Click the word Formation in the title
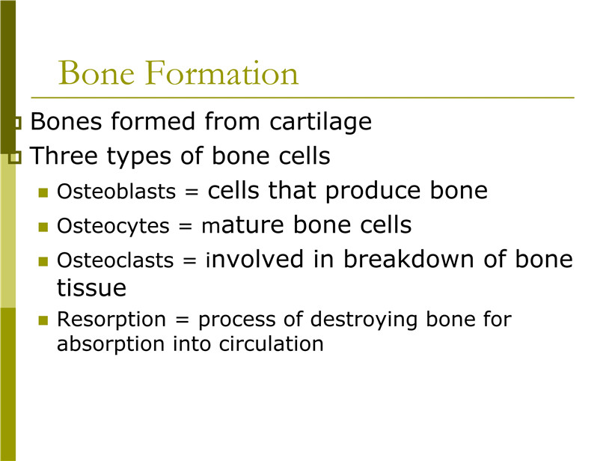point(221,73)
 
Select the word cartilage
point(320,122)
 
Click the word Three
point(64,156)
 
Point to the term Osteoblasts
point(116,192)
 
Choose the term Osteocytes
point(113,226)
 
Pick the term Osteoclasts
point(115,260)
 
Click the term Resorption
point(111,320)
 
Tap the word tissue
point(92,287)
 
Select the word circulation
point(271,344)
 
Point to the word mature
point(242,225)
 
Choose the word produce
point(373,191)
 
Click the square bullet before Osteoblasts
point(43,192)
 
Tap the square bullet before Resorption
point(43,320)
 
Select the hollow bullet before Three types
point(15,158)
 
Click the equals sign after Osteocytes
point(186,226)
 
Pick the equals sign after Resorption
point(183,320)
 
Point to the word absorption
point(111,344)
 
